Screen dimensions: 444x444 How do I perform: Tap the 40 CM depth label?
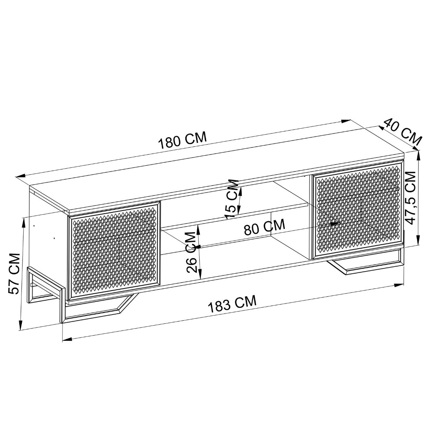[403, 132]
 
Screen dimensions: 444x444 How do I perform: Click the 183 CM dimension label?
[232, 304]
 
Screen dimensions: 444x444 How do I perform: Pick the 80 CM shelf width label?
[264, 227]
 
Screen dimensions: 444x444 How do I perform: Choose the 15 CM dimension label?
[232, 198]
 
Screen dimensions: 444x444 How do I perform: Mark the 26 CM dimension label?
[191, 252]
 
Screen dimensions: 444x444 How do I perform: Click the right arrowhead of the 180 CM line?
[346, 120]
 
